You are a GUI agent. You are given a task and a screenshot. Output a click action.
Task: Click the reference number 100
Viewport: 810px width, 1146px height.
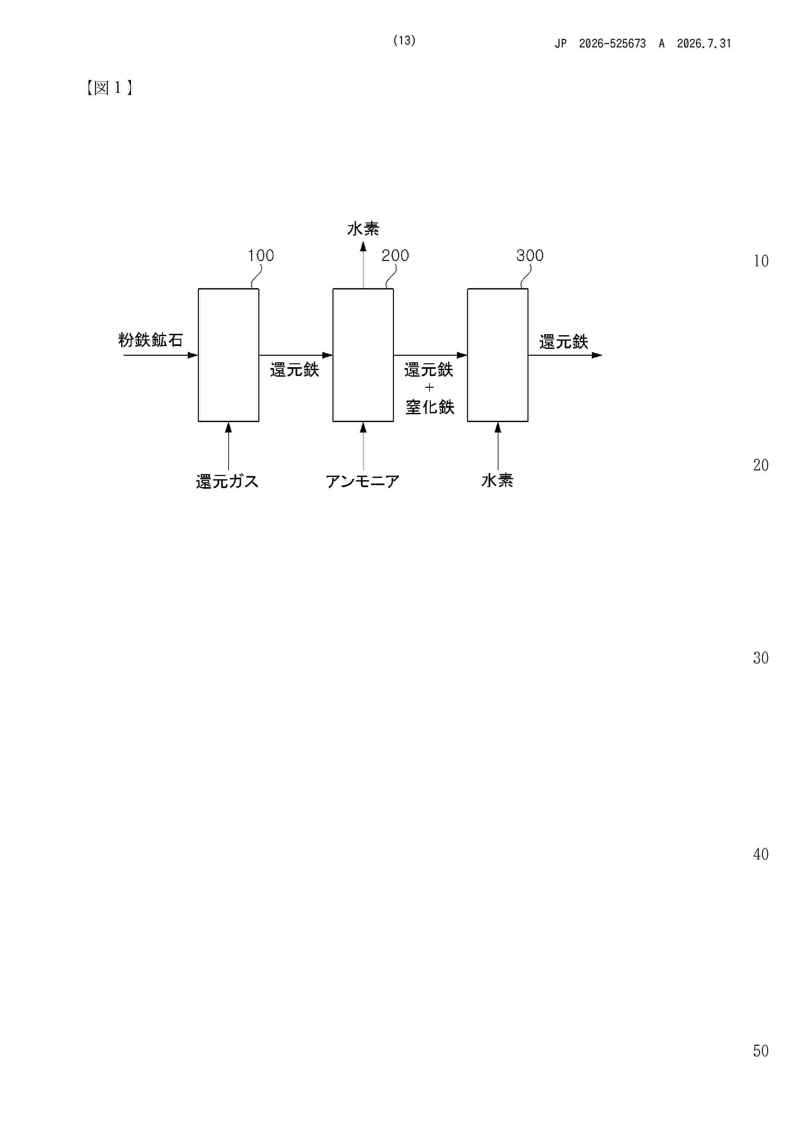[x=261, y=255]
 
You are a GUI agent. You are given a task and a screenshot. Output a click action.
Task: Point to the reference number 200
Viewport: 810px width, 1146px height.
[x=395, y=255]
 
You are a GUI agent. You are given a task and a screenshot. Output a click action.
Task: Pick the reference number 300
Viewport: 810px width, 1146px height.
[x=530, y=255]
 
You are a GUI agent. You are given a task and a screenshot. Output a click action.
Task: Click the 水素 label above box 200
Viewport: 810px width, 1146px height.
[x=363, y=229]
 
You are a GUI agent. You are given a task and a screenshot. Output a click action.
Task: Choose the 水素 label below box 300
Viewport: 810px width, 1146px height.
[x=497, y=480]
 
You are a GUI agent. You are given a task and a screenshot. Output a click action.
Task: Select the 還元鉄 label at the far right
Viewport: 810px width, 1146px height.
[x=564, y=342]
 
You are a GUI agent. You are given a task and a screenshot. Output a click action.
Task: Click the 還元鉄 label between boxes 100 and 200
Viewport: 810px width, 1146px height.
[x=295, y=370]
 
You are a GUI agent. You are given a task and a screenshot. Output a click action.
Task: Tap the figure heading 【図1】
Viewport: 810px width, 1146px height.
[x=109, y=88]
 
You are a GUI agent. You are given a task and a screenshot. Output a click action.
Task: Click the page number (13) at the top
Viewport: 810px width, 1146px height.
[x=404, y=41]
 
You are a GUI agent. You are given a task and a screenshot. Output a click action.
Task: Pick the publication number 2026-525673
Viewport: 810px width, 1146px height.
[x=612, y=43]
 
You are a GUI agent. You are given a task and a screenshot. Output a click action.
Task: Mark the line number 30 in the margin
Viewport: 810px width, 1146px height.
[x=761, y=658]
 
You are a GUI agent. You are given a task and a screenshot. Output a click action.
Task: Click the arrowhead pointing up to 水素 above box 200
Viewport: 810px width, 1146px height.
[x=363, y=246]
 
